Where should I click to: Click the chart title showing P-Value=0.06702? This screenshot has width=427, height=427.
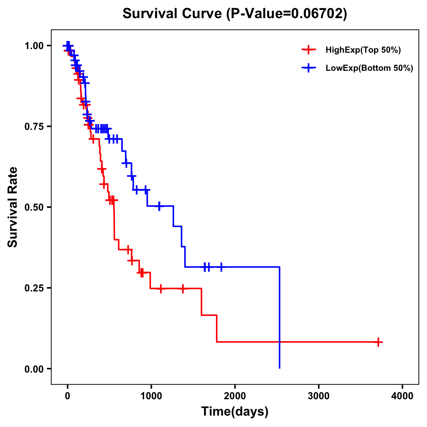(235, 14)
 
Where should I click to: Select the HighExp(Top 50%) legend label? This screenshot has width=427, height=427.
(363, 50)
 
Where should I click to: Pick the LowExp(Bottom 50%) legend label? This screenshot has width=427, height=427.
(369, 68)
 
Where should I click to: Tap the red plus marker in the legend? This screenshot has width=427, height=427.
(309, 50)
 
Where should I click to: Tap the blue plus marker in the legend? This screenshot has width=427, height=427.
(309, 68)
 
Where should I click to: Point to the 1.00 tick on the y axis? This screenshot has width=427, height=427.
(34, 46)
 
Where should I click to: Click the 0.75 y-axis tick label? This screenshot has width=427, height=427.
(34, 127)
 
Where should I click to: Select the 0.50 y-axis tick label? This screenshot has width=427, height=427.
(34, 207)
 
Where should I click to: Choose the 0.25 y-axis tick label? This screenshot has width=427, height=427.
(34, 288)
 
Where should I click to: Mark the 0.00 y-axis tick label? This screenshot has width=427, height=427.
(34, 369)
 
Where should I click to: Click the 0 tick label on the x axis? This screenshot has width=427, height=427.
(67, 396)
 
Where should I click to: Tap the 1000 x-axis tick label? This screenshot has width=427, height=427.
(151, 396)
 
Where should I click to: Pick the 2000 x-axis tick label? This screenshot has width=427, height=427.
(235, 396)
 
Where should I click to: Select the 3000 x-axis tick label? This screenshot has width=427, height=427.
(318, 396)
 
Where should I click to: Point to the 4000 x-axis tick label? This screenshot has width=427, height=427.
(402, 396)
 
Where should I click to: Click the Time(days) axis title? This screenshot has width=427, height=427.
(235, 412)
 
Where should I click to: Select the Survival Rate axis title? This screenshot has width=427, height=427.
(13, 207)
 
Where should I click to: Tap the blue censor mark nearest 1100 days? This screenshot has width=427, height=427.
(159, 206)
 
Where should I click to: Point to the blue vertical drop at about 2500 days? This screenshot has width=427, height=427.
(280, 317)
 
